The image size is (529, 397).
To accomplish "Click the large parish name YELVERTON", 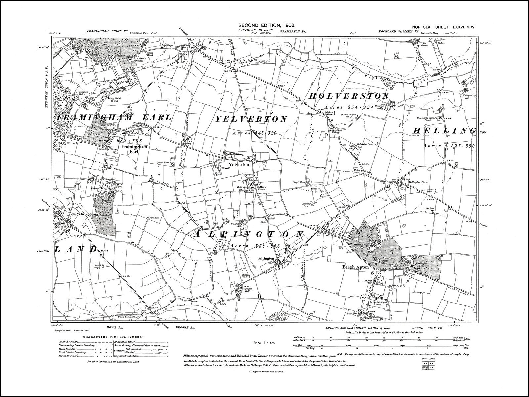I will [252, 119].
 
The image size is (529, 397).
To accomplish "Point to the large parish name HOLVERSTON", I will [349, 96].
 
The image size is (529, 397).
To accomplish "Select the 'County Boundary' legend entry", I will [67, 342].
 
